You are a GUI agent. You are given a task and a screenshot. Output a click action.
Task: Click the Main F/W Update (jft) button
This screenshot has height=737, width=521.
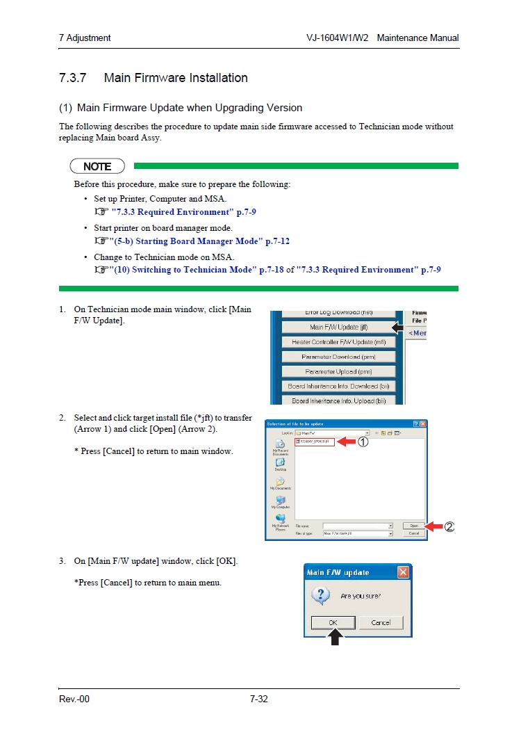[x=338, y=327]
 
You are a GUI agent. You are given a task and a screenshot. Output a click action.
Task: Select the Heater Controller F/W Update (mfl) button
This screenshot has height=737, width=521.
[x=338, y=342]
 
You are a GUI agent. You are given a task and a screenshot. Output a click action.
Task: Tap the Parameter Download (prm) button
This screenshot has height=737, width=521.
[x=338, y=357]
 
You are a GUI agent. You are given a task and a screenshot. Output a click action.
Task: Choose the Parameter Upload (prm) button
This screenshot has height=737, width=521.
[x=338, y=372]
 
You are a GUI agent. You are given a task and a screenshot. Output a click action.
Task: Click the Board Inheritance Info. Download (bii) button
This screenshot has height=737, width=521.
[x=338, y=387]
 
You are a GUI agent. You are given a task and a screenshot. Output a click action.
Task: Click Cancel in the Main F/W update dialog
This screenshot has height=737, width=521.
[x=381, y=622]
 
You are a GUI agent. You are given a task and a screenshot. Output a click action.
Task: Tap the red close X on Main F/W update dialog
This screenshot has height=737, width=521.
[x=403, y=572]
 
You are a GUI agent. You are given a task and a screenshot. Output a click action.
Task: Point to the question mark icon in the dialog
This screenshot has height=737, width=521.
[x=320, y=595]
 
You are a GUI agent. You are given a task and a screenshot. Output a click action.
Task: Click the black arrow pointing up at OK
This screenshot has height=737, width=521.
[x=335, y=636]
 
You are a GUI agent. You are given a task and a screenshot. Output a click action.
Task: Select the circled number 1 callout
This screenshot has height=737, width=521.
[x=363, y=442]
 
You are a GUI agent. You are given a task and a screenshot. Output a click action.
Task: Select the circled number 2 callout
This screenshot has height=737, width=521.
[x=449, y=527]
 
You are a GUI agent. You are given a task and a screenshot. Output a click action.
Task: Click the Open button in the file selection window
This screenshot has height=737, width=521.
[x=413, y=526]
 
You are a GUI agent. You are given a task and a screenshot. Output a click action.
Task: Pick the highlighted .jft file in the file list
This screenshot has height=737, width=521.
[x=315, y=442]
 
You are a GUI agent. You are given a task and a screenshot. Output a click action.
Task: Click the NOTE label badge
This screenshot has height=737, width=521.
[x=97, y=166]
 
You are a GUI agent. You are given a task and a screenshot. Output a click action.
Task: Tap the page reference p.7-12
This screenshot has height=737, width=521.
[x=278, y=241]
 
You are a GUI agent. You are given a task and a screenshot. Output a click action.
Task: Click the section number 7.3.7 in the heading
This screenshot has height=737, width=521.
[x=72, y=78]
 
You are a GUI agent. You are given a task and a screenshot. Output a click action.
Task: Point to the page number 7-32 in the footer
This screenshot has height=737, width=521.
[x=258, y=698]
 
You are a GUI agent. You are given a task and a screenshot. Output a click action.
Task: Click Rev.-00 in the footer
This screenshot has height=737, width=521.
[x=74, y=698]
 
